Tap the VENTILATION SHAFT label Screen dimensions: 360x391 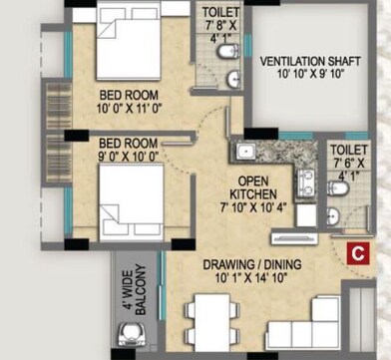point(311,62)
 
